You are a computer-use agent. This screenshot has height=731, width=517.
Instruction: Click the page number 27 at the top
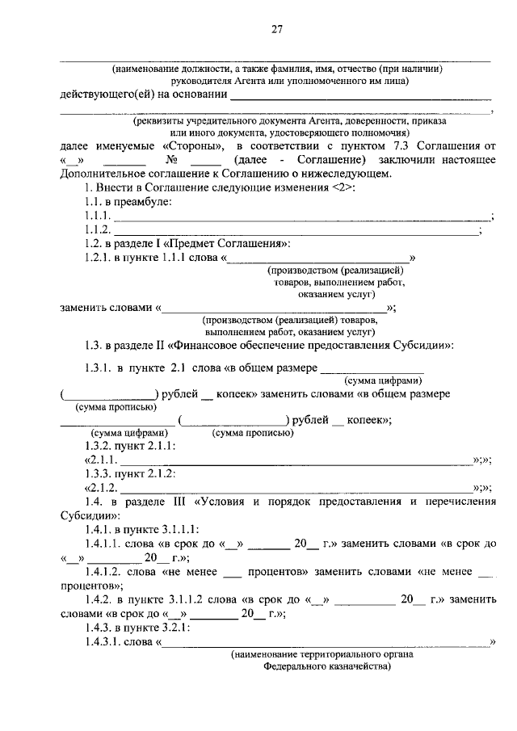[276, 30]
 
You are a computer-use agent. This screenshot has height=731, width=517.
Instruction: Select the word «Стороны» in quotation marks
[191, 146]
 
